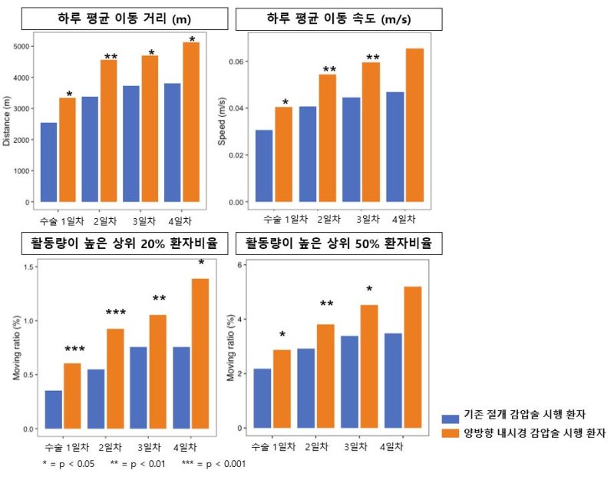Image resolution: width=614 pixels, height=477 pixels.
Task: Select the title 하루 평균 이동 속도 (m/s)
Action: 338,18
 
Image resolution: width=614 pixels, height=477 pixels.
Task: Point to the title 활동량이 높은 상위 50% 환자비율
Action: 338,245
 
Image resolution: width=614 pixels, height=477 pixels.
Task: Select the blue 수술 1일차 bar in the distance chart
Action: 48,162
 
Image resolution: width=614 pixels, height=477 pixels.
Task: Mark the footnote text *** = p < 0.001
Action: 213,464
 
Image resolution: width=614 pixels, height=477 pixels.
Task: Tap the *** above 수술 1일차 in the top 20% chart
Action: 74,350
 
